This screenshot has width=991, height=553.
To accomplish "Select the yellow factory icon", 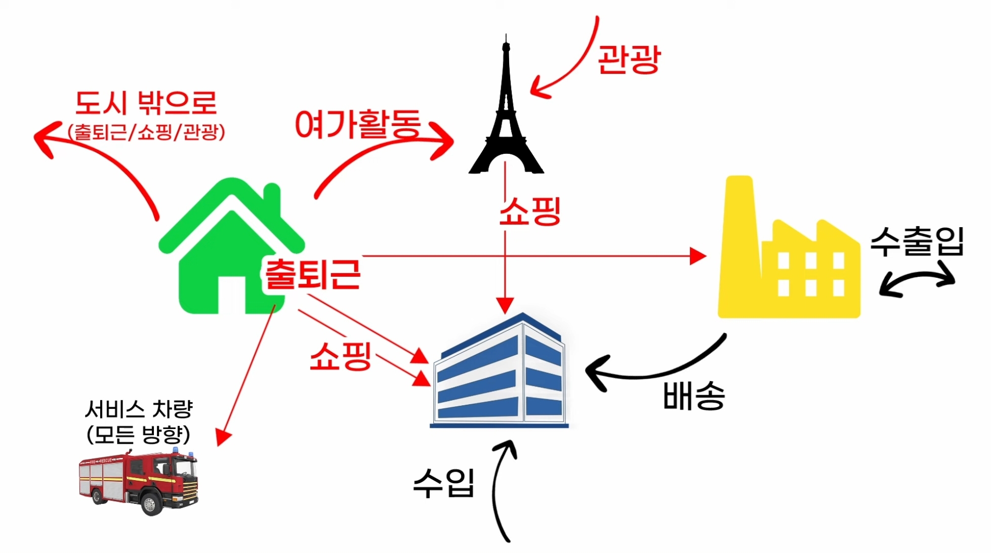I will [x=790, y=263].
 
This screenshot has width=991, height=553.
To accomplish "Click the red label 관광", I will [x=629, y=60].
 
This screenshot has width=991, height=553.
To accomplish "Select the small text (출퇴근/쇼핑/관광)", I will [x=146, y=133].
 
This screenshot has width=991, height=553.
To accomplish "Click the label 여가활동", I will [x=358, y=124].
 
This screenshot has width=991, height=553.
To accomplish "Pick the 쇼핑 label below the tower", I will [x=530, y=211].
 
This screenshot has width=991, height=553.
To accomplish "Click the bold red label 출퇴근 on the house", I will [x=312, y=274].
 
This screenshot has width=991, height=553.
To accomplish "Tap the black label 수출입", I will [x=917, y=242].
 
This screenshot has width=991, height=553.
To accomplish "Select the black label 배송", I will [x=694, y=396].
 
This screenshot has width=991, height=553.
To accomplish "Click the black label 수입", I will [x=444, y=483].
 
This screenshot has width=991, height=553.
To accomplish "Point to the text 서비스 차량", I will [x=139, y=409].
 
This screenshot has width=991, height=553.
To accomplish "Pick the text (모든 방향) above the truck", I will [x=138, y=435].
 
